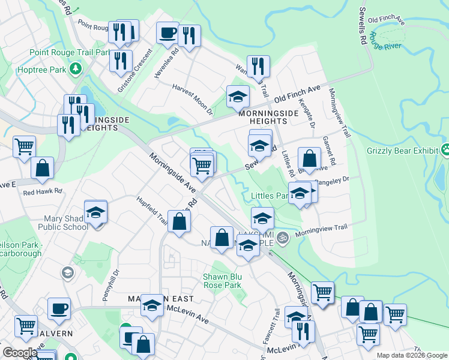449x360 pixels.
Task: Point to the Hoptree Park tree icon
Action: click(x=76, y=69)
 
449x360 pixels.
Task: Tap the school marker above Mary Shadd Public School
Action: click(x=95, y=212)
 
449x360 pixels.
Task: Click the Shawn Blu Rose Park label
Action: click(x=223, y=280)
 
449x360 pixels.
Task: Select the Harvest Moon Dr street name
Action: click(x=192, y=99)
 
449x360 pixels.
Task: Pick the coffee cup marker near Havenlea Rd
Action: click(x=167, y=32)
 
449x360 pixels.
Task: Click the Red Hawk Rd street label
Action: click(x=43, y=192)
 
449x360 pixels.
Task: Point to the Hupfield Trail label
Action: click(x=152, y=210)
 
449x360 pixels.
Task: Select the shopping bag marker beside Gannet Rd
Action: click(x=309, y=159)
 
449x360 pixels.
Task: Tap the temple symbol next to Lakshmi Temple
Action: click(x=283, y=238)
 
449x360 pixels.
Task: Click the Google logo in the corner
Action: click(x=20, y=353)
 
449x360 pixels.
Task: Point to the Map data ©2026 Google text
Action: click(x=411, y=355)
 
